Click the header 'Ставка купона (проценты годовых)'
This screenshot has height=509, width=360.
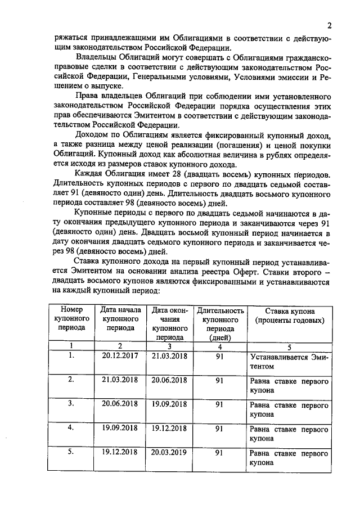[289, 316]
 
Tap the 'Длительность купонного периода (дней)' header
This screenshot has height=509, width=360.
[220, 323]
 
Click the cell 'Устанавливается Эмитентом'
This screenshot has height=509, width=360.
[289, 361]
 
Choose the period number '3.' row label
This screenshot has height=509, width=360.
[71, 403]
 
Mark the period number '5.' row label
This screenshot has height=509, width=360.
[71, 451]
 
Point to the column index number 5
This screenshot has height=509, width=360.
[289, 346]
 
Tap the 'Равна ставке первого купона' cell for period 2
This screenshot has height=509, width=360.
[289, 385]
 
